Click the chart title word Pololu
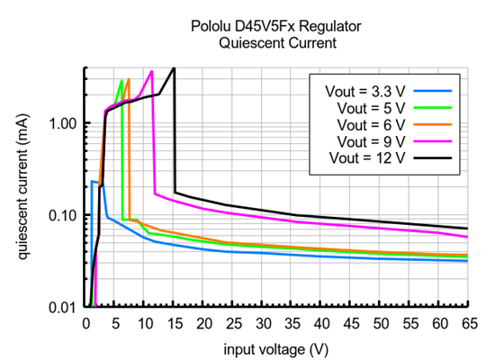pos(212,27)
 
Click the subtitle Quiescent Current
pos(275,42)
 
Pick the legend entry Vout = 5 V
pos(370,107)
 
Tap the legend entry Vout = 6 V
pos(370,124)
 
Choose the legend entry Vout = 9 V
pos(370,141)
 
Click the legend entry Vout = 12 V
pos(366,158)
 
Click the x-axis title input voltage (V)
pos(276,346)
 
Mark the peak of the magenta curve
pos(152,71)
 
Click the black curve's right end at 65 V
pos(467,229)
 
